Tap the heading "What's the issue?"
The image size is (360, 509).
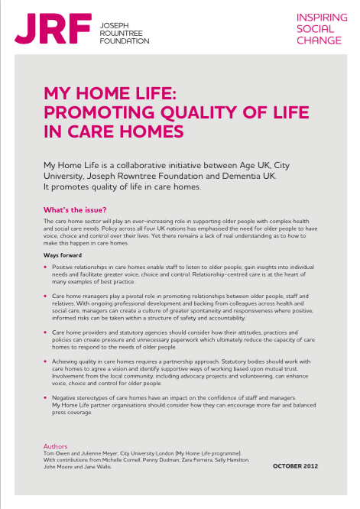point(74,209)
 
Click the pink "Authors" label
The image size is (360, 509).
point(57,446)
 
